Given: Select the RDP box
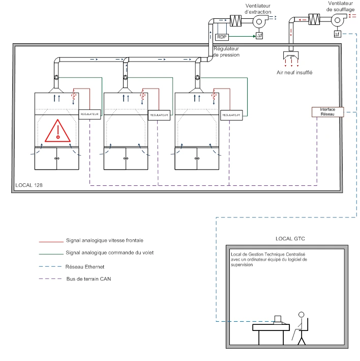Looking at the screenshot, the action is pos(222,37).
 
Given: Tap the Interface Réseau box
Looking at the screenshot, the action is pos(327,112).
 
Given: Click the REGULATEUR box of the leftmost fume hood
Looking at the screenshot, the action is pos(89,114).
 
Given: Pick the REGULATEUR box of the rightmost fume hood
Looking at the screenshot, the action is pos(231,115).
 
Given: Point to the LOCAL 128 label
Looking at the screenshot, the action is pos(29,185).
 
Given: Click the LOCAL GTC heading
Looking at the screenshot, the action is pos(290,239).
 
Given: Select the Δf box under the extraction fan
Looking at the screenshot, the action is pos(259,36).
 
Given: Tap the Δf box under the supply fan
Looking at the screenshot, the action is pos(337,34).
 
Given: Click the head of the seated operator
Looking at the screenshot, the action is pos(301,315).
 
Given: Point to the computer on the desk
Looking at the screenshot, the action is pos(278,320).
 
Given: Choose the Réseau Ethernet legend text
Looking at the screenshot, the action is pos(85,267).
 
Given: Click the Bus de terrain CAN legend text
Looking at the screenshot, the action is pos(89,279).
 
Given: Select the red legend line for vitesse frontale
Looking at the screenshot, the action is pos(51,242).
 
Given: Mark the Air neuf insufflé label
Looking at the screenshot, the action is pos(294,72).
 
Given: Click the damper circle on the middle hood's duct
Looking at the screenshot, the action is pos(125,77).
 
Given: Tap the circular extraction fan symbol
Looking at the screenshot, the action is pos(259,21).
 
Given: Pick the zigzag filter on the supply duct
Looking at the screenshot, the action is pos(314,19).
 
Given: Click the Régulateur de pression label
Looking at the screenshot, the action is pos(226,52).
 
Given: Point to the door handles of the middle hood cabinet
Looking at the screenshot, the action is pos(126,158).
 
